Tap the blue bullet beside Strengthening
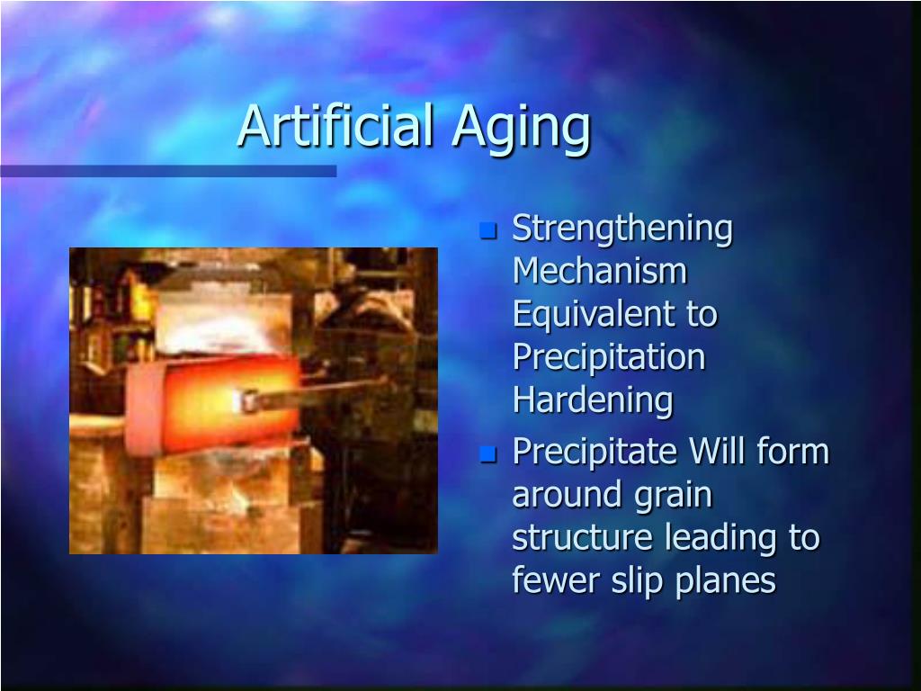pos(488,230)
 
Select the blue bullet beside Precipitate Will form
pos(488,453)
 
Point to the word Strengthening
pos(622,230)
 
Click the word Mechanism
pos(600,271)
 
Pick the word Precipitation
pos(609,357)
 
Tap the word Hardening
pos(593,400)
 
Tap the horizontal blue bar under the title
pos(168,171)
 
